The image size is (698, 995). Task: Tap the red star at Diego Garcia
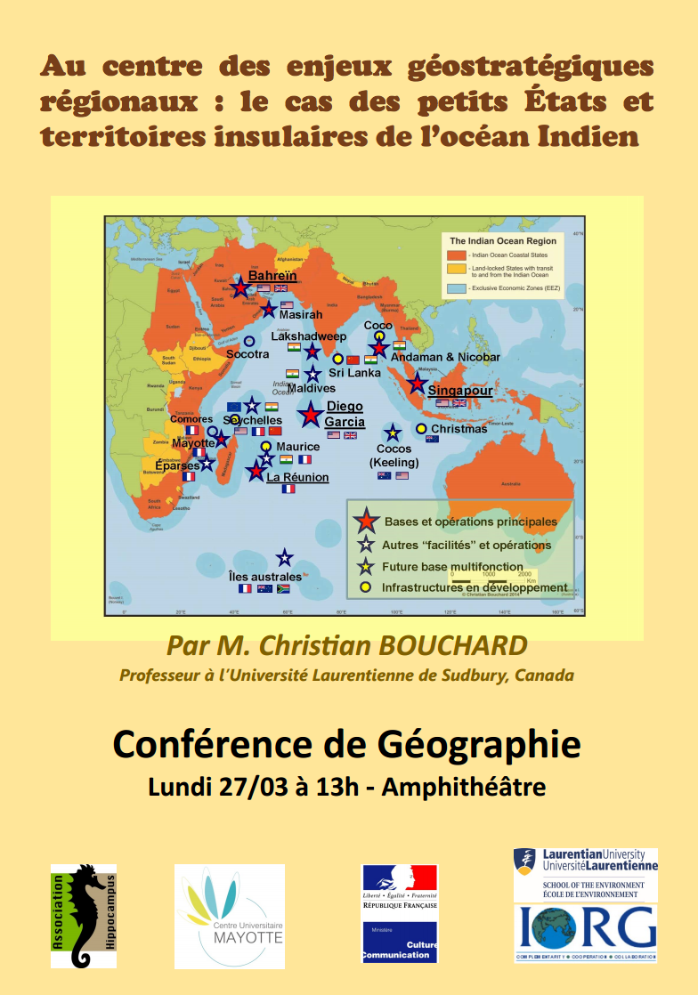[x=310, y=414]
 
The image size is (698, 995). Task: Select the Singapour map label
[x=459, y=391]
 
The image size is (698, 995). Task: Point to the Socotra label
[x=248, y=354]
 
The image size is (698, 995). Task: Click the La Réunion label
[x=297, y=478]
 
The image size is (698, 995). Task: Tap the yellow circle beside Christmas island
[x=422, y=428]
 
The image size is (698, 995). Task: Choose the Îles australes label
[x=265, y=577]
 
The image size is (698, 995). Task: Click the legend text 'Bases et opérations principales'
[x=470, y=522]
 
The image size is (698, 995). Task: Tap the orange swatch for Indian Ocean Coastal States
[x=456, y=255]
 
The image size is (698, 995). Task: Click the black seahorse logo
[x=83, y=915]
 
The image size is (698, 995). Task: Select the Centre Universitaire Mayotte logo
[x=230, y=916]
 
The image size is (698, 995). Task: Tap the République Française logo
[x=400, y=913]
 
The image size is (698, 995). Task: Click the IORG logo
[x=586, y=927]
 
